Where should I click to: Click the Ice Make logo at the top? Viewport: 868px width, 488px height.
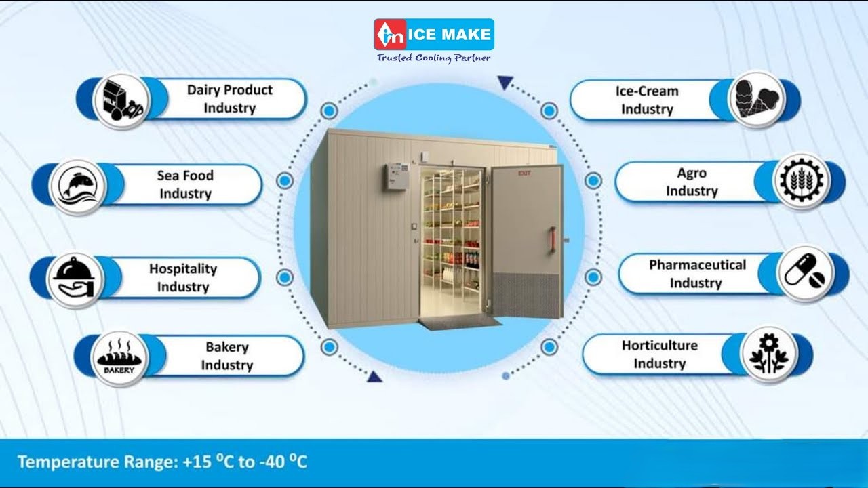pyautogui.click(x=433, y=35)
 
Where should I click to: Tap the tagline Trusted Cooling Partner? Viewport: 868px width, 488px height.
pyautogui.click(x=433, y=58)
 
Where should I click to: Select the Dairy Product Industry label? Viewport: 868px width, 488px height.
pyautogui.click(x=229, y=99)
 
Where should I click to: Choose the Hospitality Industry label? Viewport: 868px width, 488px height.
pyautogui.click(x=183, y=278)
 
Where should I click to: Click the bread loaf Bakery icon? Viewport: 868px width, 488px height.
pyautogui.click(x=119, y=359)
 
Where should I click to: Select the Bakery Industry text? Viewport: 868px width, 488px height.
pyautogui.click(x=226, y=356)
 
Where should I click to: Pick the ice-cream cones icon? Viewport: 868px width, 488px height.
pyautogui.click(x=757, y=100)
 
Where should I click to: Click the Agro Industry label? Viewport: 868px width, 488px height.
pyautogui.click(x=691, y=182)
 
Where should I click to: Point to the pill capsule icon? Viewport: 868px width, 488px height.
pyautogui.click(x=805, y=273)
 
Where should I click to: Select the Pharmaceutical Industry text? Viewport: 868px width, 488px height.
pyautogui.click(x=696, y=274)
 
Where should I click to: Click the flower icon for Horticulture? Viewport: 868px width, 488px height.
pyautogui.click(x=769, y=354)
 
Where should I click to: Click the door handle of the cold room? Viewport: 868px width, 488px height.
pyautogui.click(x=552, y=241)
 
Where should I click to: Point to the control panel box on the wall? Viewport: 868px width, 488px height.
pyautogui.click(x=395, y=176)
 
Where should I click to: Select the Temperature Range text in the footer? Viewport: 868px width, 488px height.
pyautogui.click(x=162, y=463)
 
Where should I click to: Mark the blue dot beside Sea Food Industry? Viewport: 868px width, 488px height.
pyautogui.click(x=285, y=180)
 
